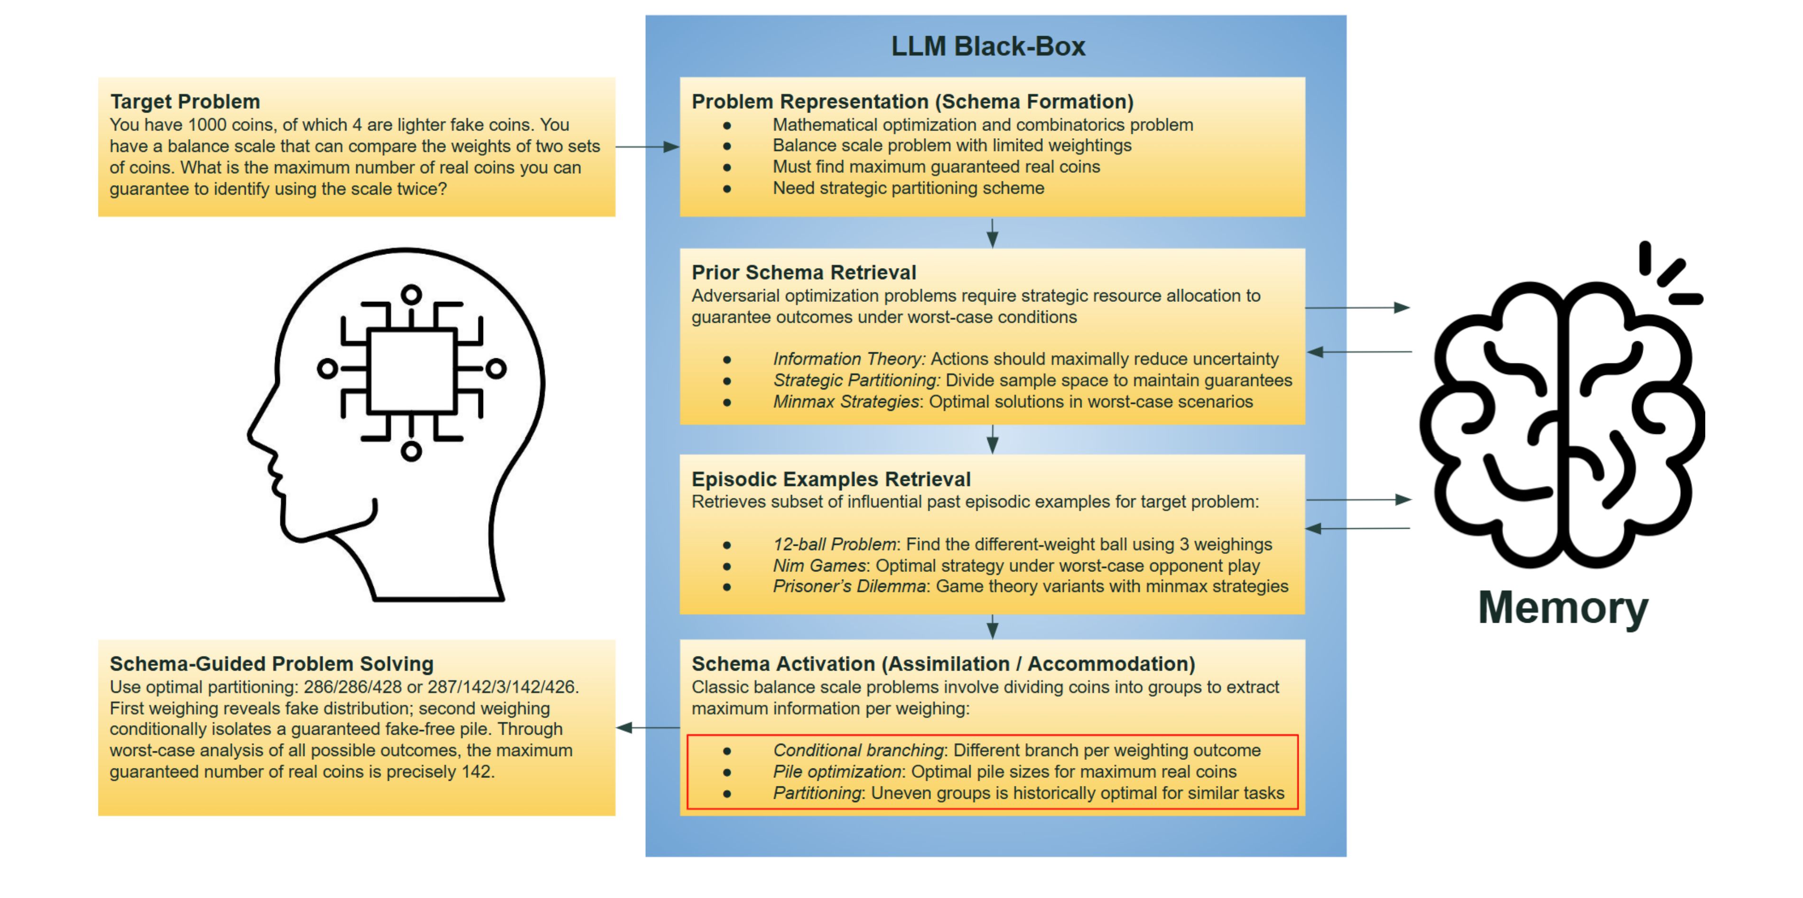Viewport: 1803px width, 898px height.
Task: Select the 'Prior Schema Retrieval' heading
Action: [x=803, y=272]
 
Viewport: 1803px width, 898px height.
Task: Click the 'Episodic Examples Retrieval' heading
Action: [x=830, y=479]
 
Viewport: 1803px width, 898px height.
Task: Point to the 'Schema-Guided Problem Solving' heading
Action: [x=271, y=664]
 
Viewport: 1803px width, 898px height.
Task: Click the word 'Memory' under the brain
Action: [x=1563, y=608]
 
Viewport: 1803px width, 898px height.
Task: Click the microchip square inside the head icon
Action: [x=411, y=371]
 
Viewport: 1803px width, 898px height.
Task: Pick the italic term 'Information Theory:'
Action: [x=848, y=359]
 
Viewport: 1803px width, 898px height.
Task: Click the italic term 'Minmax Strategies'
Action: [x=846, y=402]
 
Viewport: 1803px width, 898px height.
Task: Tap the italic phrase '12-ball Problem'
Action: [x=834, y=544]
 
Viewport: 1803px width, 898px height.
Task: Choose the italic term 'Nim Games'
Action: [x=819, y=566]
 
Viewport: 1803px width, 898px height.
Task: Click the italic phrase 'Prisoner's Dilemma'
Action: [x=848, y=587]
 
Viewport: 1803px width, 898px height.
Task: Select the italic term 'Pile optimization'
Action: [x=836, y=772]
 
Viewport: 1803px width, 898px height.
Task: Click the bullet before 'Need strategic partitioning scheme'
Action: [x=727, y=189]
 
